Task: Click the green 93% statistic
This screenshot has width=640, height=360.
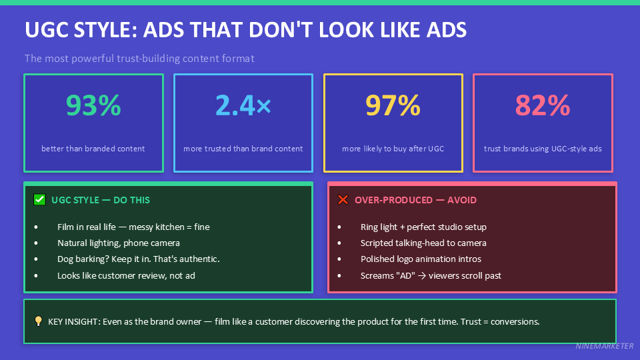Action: click(93, 105)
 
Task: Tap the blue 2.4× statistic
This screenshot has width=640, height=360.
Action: click(243, 105)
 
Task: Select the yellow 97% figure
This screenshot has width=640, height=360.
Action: click(393, 105)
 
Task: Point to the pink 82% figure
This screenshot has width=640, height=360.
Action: click(543, 105)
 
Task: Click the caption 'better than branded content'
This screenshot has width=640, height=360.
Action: click(93, 149)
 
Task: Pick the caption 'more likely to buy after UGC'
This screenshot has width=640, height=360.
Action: click(393, 149)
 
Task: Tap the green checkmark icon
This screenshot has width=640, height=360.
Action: click(39, 199)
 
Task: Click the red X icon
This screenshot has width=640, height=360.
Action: click(343, 199)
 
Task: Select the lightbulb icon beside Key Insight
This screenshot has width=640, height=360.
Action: click(38, 321)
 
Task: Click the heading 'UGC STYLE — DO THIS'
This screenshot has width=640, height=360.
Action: click(101, 200)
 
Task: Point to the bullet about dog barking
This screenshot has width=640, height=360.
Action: click(138, 259)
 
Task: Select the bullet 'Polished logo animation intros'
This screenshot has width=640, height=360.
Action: click(421, 259)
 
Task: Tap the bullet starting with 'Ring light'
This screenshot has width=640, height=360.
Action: click(423, 227)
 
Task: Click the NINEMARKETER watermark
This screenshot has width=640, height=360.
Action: click(603, 347)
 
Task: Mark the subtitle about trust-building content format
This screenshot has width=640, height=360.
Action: click(139, 59)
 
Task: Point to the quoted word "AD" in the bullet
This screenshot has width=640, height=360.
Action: click(405, 275)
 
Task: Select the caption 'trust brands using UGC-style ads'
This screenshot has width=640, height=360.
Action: click(543, 149)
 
